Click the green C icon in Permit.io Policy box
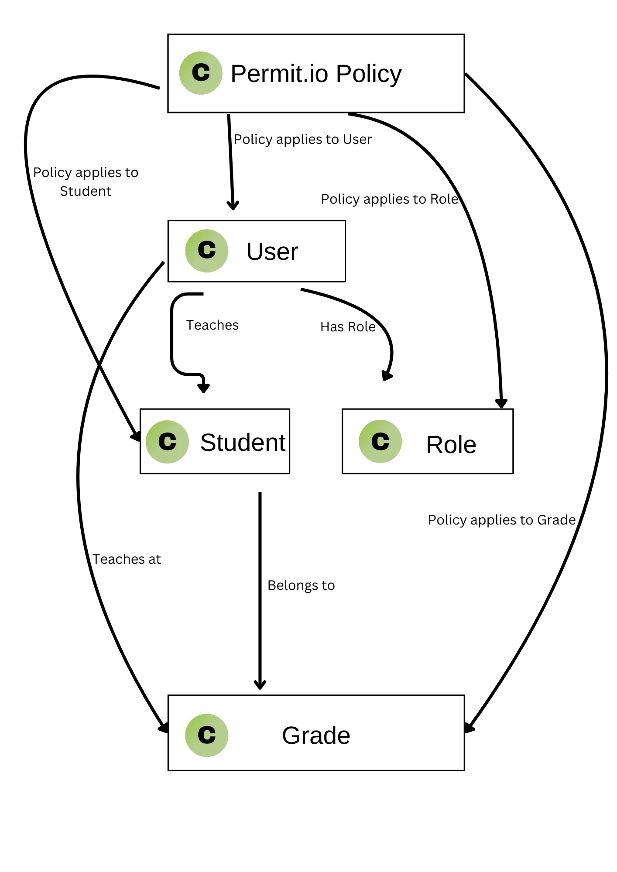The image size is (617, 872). pyautogui.click(x=201, y=73)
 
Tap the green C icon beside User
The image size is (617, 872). pyautogui.click(x=206, y=251)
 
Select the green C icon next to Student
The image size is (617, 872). pyautogui.click(x=167, y=442)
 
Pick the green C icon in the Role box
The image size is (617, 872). pyautogui.click(x=380, y=441)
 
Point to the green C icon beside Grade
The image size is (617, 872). pyautogui.click(x=206, y=735)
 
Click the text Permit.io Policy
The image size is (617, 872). pyautogui.click(x=316, y=74)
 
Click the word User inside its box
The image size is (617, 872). pyautogui.click(x=272, y=252)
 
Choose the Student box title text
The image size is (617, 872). pyautogui.click(x=243, y=443)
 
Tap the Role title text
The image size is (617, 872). pyautogui.click(x=451, y=445)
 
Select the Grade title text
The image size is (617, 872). pyautogui.click(x=316, y=736)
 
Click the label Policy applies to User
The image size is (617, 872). pyautogui.click(x=303, y=139)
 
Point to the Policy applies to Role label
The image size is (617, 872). pyautogui.click(x=390, y=199)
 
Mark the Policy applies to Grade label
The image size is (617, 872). pyautogui.click(x=502, y=520)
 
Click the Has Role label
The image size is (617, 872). pyautogui.click(x=348, y=327)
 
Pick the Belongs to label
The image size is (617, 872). pyautogui.click(x=301, y=585)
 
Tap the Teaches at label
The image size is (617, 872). pyautogui.click(x=127, y=559)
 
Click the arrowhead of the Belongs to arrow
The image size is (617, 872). pyautogui.click(x=260, y=685)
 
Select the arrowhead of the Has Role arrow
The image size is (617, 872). pyautogui.click(x=387, y=375)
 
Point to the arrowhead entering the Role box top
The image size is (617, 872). pyautogui.click(x=501, y=403)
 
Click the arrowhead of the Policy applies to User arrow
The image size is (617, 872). pyautogui.click(x=233, y=205)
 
